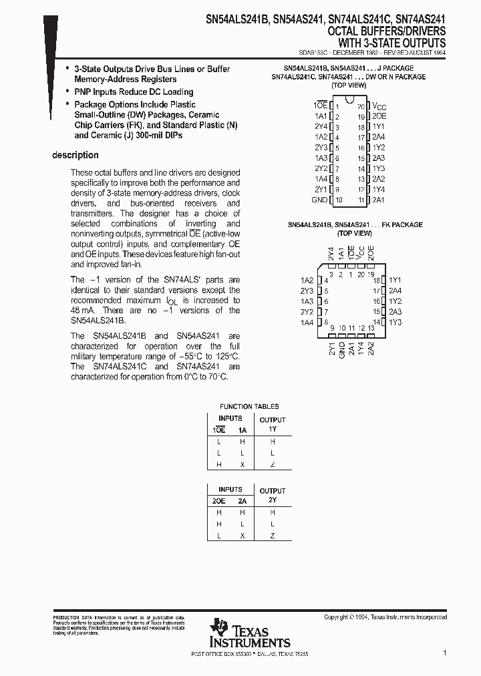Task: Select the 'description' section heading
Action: click(x=75, y=155)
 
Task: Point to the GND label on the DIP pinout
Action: click(x=319, y=200)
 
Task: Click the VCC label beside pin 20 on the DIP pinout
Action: click(x=379, y=106)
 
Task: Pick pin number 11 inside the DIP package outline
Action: click(x=361, y=200)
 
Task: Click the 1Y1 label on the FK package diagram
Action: click(x=395, y=280)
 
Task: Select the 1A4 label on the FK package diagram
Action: click(x=307, y=323)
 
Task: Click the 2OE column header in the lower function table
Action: click(x=218, y=500)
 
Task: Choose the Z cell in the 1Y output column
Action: click(x=272, y=464)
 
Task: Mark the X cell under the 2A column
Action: click(x=243, y=536)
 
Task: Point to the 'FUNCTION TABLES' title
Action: click(x=249, y=406)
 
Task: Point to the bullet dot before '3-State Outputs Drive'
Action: click(x=67, y=69)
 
